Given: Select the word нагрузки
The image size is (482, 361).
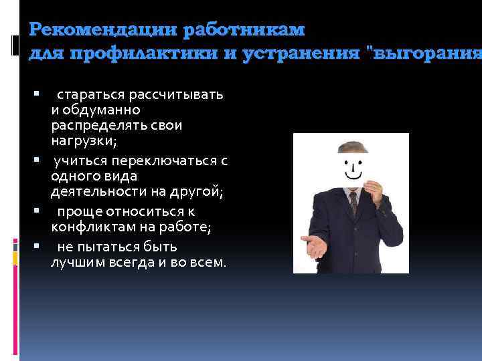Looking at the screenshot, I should pos(79,140).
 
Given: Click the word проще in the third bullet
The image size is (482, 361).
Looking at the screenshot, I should pos(76,213).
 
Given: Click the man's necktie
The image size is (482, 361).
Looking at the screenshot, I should pos(353,202).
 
